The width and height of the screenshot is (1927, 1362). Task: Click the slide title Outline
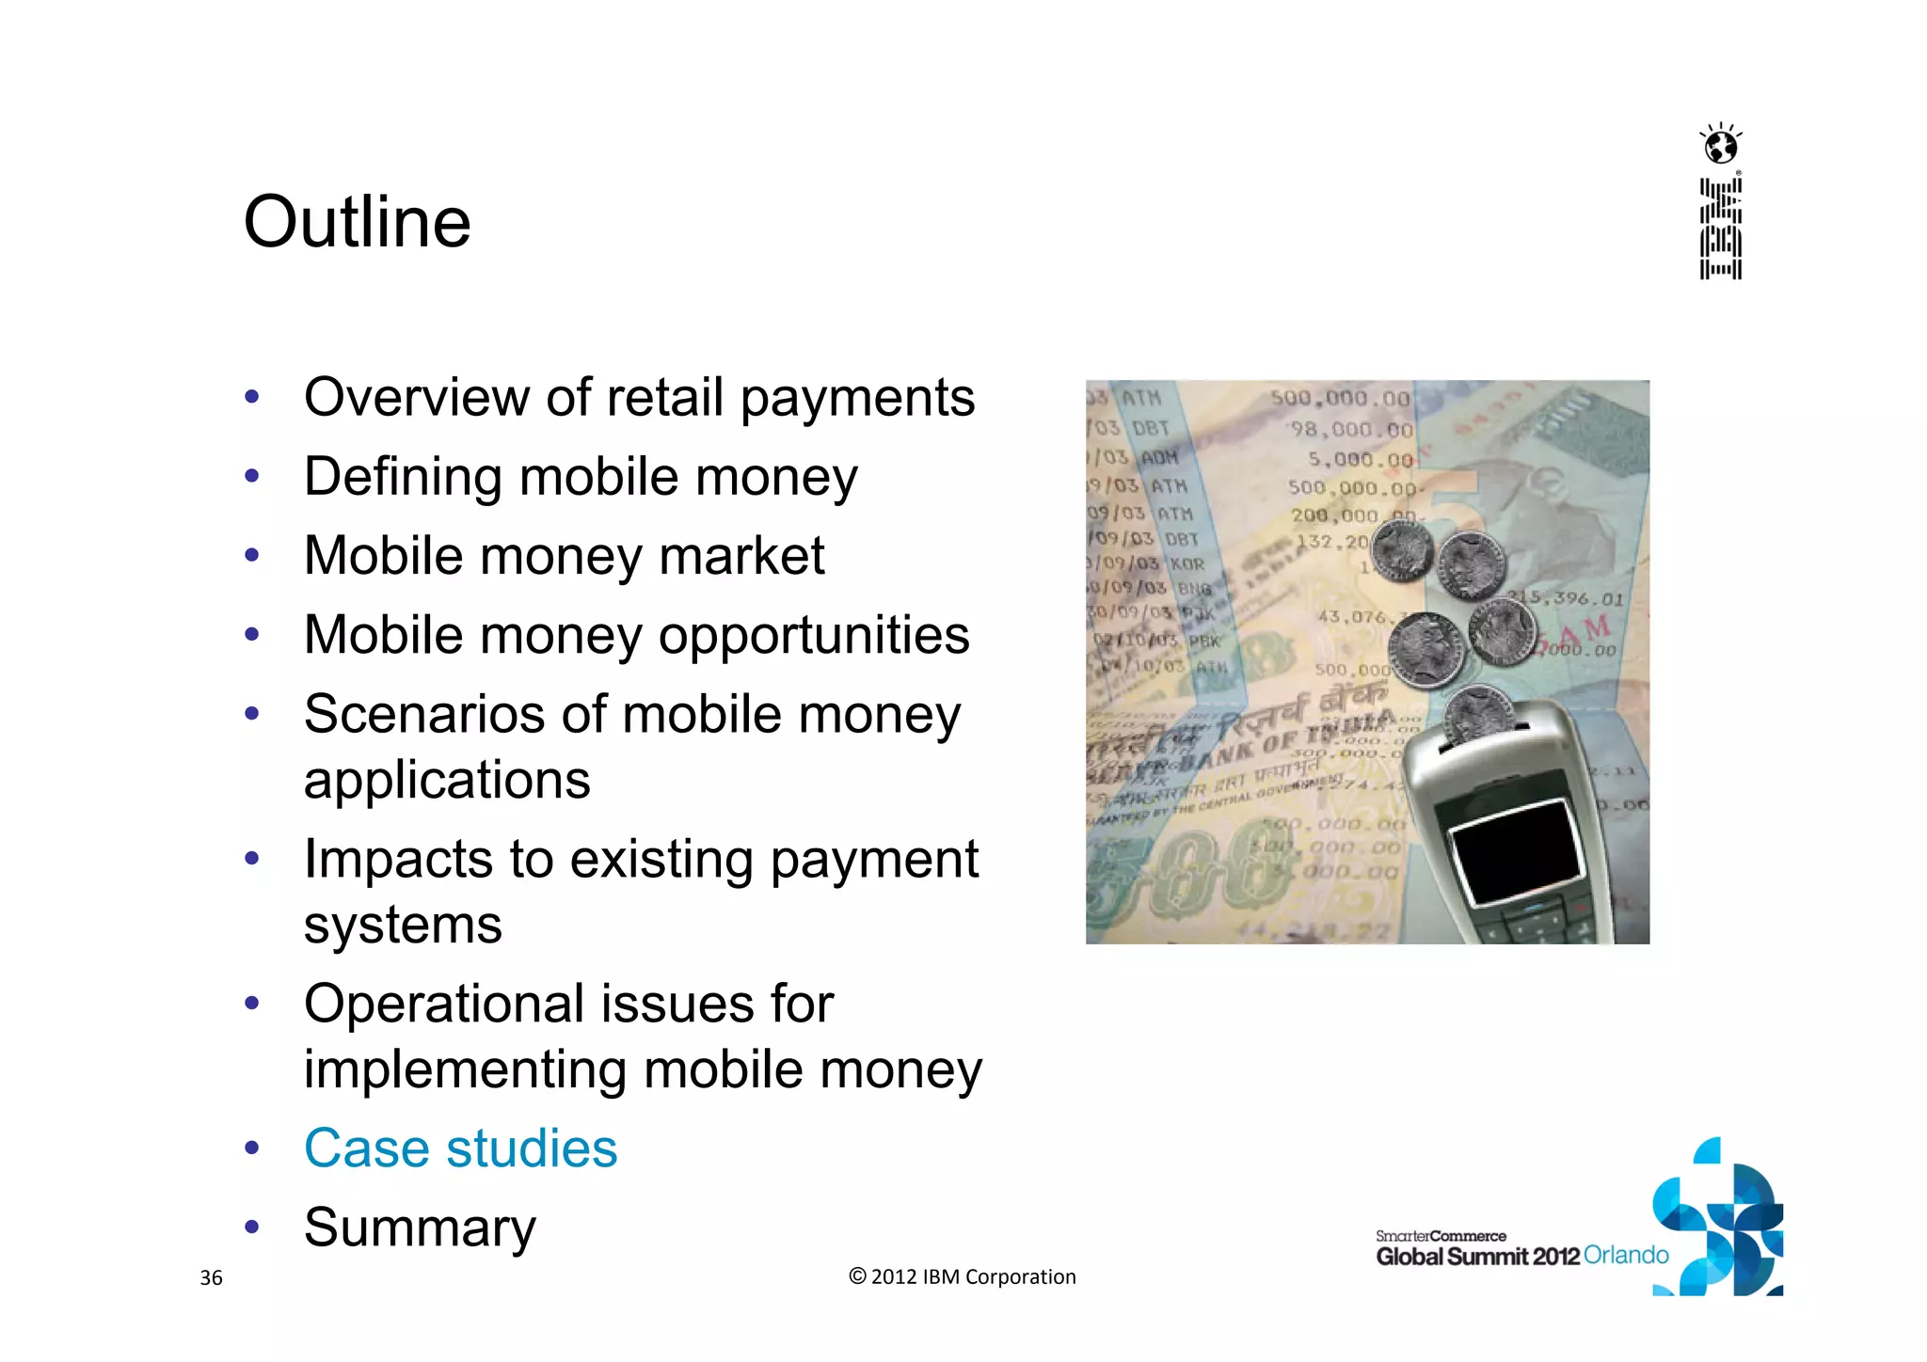click(357, 222)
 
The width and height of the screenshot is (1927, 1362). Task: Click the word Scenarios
click(423, 714)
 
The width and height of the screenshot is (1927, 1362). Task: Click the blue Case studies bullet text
click(460, 1148)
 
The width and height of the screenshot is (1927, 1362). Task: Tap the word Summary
click(420, 1227)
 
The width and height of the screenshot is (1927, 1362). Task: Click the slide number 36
click(211, 1277)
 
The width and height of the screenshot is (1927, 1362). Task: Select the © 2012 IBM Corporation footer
click(962, 1276)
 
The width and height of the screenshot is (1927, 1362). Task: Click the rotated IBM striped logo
click(1721, 230)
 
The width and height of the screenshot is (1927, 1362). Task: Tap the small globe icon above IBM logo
click(1721, 147)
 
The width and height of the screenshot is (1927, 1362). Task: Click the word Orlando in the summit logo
click(1625, 1255)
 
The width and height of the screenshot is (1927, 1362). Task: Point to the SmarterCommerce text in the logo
click(1441, 1235)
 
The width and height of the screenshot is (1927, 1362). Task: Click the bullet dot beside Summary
click(251, 1227)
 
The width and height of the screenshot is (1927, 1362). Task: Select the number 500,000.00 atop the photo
click(1340, 398)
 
